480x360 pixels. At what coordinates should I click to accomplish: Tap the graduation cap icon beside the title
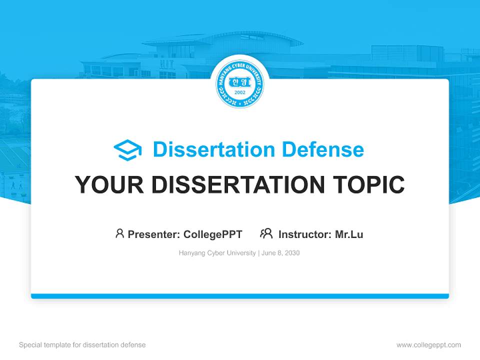(x=127, y=150)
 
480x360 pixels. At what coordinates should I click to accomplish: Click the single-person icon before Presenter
(x=119, y=233)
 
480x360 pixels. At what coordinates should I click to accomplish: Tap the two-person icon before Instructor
(x=266, y=233)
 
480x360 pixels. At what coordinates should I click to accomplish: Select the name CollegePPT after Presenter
(x=213, y=234)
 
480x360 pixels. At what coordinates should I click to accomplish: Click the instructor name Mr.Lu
(x=349, y=234)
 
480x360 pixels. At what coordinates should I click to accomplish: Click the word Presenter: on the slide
(x=154, y=234)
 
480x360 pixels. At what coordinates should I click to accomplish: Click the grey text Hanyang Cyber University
(x=217, y=253)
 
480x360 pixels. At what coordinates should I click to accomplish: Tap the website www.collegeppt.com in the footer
(x=428, y=345)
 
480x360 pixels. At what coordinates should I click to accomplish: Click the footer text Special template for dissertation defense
(x=82, y=345)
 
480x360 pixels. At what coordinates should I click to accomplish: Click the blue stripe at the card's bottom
(x=240, y=296)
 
